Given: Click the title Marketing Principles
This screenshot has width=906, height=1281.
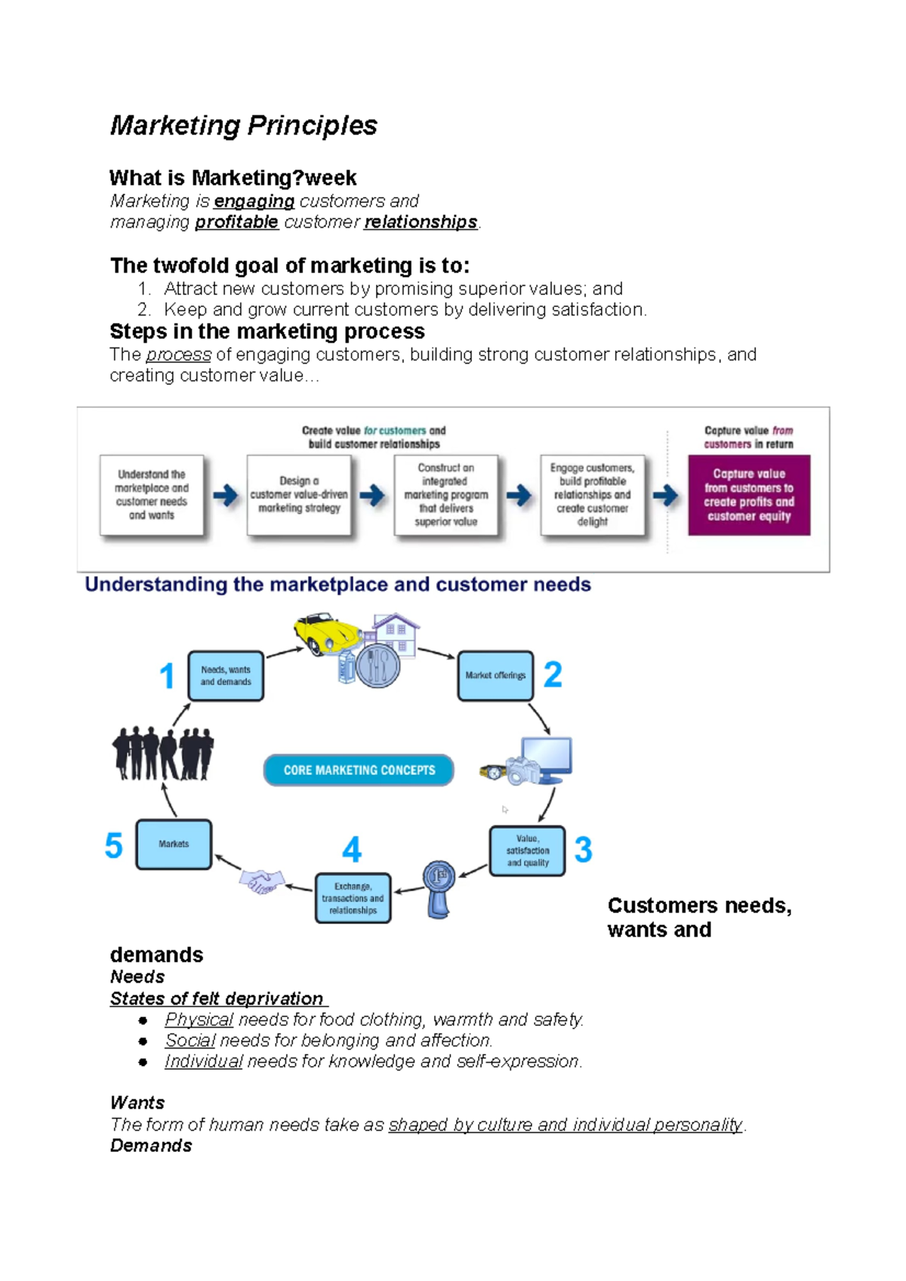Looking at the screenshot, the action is click(x=243, y=125).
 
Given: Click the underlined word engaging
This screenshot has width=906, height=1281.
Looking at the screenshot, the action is click(x=254, y=201).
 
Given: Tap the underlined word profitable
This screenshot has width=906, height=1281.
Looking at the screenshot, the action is click(x=236, y=223).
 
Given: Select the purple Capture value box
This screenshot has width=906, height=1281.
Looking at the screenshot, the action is click(x=748, y=495).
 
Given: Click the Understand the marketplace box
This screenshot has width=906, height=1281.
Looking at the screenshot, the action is click(x=152, y=495).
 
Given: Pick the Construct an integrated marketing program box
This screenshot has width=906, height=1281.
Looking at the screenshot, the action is click(x=445, y=495).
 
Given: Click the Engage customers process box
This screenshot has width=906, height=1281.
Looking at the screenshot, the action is click(x=592, y=495).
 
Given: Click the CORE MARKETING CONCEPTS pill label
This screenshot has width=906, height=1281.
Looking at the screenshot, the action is click(x=359, y=770).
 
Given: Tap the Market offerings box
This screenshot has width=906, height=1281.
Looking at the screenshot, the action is click(x=495, y=676).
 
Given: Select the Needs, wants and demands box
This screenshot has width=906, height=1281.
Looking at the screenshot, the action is click(x=226, y=676).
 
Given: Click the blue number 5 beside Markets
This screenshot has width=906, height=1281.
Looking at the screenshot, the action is click(x=113, y=846).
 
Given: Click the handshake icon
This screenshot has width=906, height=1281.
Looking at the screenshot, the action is click(x=261, y=881).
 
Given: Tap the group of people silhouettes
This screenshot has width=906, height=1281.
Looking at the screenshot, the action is click(x=163, y=753).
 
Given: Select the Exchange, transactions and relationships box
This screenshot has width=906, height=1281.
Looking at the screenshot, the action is click(x=353, y=899).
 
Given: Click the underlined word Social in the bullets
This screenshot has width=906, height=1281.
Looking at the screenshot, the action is click(x=190, y=1041).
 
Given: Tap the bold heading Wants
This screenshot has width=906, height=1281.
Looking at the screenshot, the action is click(x=137, y=1103).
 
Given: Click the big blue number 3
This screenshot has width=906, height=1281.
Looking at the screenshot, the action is click(x=583, y=850).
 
